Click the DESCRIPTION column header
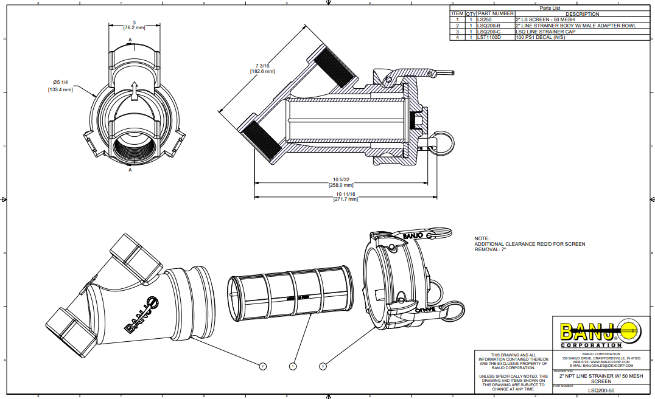click(582, 13)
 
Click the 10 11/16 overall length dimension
click(345, 194)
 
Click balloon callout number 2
click(262, 366)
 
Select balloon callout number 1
click(293, 366)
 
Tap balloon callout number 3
click(323, 366)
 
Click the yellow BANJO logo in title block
click(586, 332)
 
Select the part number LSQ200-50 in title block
click(601, 390)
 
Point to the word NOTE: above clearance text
click(481, 238)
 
